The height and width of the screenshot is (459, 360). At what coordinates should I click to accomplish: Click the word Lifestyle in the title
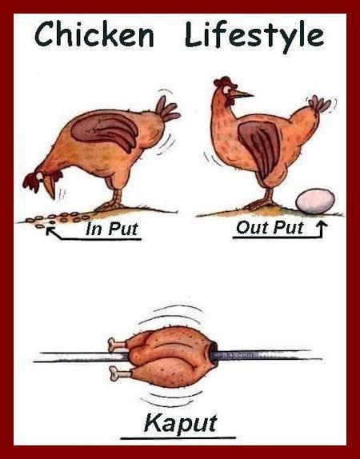coord(254,36)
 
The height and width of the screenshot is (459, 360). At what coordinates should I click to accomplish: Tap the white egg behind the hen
coord(315,201)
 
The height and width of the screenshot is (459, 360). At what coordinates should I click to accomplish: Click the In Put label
coord(112,229)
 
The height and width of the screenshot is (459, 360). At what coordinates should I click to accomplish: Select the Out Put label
coord(270,227)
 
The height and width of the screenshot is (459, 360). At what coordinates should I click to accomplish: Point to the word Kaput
coord(181,423)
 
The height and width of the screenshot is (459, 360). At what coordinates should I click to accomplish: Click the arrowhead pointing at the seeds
coord(50,230)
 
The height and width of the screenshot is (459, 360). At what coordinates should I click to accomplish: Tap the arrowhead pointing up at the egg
coord(322,225)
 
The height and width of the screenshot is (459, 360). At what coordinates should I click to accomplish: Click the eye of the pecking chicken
coord(39,176)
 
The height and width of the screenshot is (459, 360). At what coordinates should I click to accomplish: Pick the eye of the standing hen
coord(226,90)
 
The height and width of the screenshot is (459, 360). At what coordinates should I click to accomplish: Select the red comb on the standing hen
coord(225,82)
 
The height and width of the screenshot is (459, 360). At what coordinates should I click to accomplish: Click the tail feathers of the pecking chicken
coord(167,110)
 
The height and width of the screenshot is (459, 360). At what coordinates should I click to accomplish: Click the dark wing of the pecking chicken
coord(105,130)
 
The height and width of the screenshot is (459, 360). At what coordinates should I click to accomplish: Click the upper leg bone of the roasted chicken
coord(117,344)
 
